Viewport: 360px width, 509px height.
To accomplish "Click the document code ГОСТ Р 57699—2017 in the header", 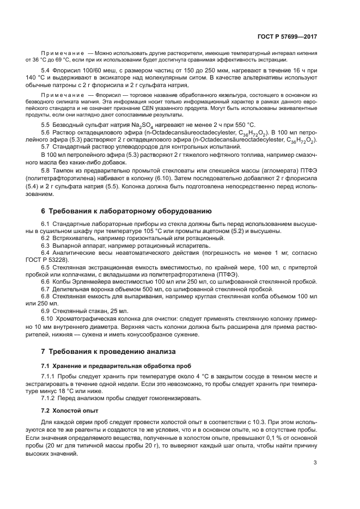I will coord(288,36).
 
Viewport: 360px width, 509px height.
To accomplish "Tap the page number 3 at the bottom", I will coord(315,463).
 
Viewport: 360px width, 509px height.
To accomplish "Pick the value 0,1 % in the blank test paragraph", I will coord(277,437).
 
